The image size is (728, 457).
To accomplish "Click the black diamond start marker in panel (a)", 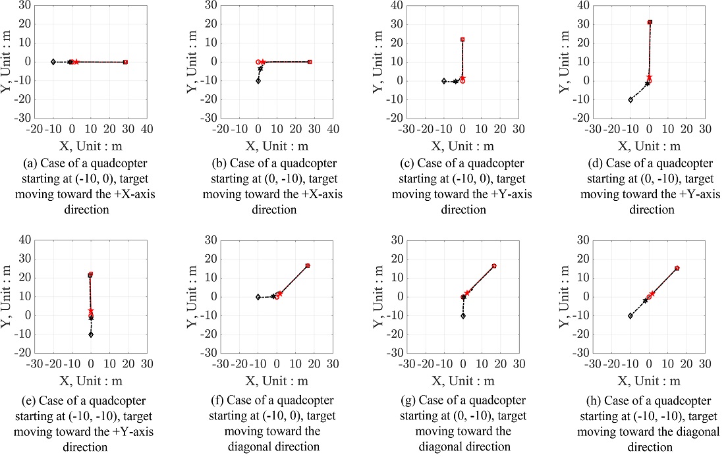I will click(x=53, y=62).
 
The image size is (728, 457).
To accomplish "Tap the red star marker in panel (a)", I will click(x=76, y=62).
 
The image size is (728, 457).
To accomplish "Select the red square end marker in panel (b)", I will click(x=310, y=62).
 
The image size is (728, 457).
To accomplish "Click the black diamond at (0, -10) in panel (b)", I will click(x=258, y=81).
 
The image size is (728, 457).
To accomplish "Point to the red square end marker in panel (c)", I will click(x=462, y=40).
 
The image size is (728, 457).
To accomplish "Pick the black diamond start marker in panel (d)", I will click(x=630, y=99).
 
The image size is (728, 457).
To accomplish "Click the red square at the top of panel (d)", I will click(x=650, y=22).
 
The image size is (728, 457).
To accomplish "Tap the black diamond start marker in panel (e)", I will click(x=91, y=335).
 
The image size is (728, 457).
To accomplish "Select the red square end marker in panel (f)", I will click(x=308, y=265).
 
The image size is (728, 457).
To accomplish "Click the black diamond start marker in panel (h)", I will click(x=630, y=316).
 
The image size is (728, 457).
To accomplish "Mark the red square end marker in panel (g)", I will click(x=494, y=266).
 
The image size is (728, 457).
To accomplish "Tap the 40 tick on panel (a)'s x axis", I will click(x=147, y=128).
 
